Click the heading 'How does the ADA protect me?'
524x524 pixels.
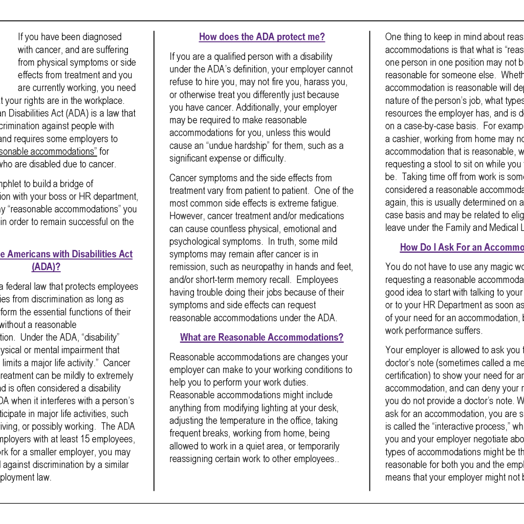pos(261,37)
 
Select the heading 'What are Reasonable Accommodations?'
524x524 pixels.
pos(261,337)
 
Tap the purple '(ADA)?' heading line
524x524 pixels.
pos(46,267)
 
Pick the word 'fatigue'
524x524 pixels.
pos(325,203)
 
